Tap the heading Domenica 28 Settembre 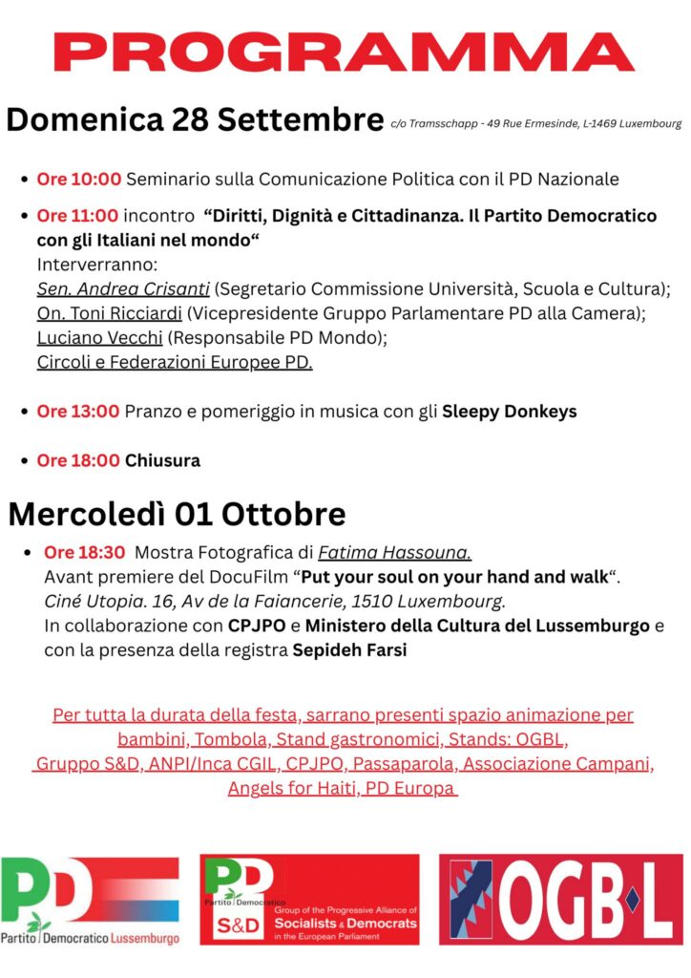pos(195,121)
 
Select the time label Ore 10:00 pos(79,179)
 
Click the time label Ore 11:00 pos(79,216)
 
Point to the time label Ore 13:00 pos(79,412)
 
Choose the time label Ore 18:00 pos(79,460)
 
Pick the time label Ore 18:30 pos(85,553)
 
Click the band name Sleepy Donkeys pos(509,412)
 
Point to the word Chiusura pos(162,460)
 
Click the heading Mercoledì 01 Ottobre pos(177,514)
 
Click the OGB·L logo pos(560,901)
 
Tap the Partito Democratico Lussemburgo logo pos(91,901)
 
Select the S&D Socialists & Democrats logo pos(310,901)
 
